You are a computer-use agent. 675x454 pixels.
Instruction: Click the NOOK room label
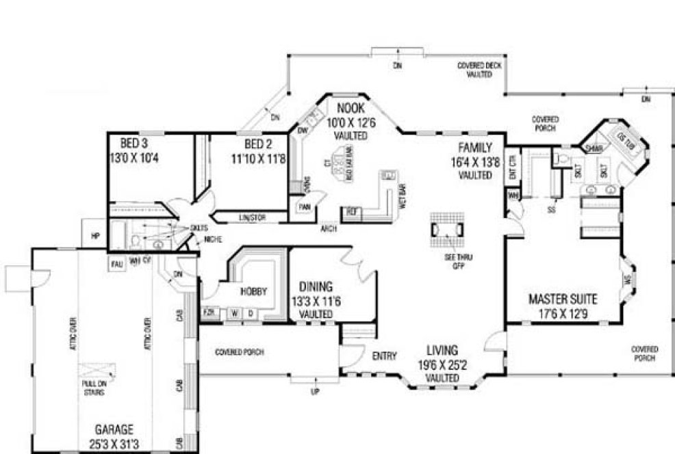tap(351, 109)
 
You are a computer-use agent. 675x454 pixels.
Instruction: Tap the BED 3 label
tap(134, 144)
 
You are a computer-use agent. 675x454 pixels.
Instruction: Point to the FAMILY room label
tap(475, 146)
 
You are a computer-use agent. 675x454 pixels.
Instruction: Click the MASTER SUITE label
tap(562, 299)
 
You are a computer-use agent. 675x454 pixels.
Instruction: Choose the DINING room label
tap(315, 286)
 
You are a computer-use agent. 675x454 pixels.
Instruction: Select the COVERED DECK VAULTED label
tap(479, 69)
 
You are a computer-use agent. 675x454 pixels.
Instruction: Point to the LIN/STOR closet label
tap(252, 218)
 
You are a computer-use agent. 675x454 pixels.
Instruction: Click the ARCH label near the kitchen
tap(327, 229)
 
